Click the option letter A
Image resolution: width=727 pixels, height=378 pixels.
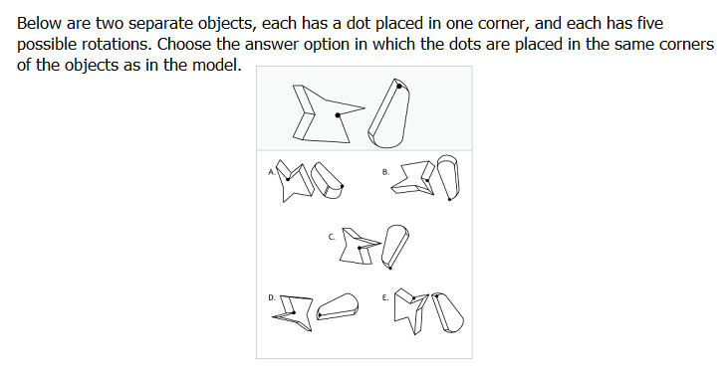(x=272, y=172)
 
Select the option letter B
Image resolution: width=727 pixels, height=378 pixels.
(x=385, y=172)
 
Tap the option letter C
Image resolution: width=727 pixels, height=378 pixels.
(x=332, y=237)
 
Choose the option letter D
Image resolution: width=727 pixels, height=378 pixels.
(x=272, y=297)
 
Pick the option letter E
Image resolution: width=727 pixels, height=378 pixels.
(x=385, y=297)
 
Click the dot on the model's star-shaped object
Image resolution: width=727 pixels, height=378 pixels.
(x=338, y=115)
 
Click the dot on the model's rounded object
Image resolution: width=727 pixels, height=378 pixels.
(x=399, y=87)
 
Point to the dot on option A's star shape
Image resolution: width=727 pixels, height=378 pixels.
(x=288, y=179)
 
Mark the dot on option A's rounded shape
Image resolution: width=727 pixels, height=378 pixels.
(x=343, y=186)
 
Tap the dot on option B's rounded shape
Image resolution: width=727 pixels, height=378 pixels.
(x=449, y=199)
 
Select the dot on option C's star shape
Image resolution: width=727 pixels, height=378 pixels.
(x=360, y=249)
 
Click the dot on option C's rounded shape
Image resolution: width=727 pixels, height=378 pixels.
(x=390, y=268)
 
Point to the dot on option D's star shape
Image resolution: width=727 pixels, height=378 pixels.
(x=295, y=312)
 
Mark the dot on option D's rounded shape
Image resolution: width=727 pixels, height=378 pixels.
(x=320, y=315)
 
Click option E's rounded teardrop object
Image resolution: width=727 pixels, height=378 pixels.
(x=448, y=312)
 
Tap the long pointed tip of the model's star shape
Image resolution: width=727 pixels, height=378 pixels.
(x=364, y=108)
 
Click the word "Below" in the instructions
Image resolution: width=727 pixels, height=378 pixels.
(x=40, y=23)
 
